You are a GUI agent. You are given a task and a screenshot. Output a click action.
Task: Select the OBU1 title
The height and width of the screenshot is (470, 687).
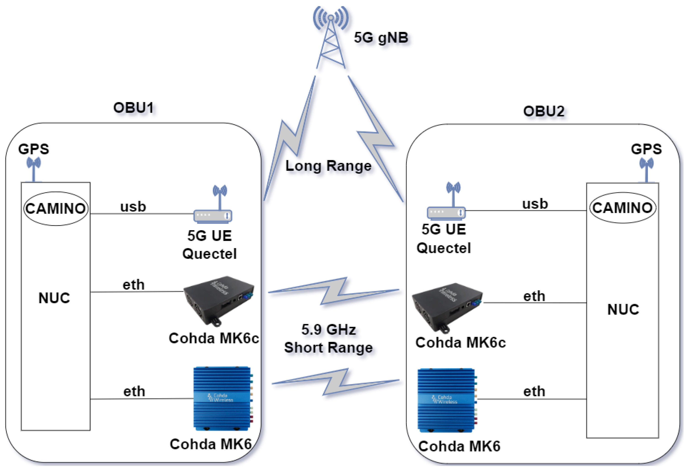click(134, 108)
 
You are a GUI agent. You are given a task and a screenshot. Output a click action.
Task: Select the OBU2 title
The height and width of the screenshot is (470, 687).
click(544, 112)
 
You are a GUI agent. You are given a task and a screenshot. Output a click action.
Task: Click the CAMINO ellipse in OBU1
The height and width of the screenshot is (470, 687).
click(56, 209)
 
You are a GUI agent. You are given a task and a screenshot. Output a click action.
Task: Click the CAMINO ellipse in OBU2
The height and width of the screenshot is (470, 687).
click(623, 208)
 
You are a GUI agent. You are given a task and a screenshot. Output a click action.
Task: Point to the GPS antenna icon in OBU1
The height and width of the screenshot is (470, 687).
click(33, 169)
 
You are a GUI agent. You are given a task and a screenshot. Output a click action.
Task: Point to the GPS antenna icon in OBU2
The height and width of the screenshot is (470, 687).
click(646, 170)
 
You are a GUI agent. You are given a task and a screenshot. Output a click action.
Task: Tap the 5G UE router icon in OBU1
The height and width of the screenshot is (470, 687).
click(213, 215)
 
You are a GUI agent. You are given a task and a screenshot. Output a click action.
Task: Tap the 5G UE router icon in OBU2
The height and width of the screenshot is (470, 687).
click(446, 212)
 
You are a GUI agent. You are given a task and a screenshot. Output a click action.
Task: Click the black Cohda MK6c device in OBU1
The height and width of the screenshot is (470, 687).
click(219, 300)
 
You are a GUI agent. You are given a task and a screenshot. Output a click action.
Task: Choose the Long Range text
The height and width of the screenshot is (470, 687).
click(328, 166)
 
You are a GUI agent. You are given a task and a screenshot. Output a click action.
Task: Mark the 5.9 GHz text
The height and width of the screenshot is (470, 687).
click(328, 330)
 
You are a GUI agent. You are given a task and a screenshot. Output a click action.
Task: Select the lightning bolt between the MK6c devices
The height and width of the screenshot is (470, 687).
click(334, 291)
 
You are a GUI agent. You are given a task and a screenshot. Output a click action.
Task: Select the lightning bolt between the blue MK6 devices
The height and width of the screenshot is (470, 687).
click(335, 382)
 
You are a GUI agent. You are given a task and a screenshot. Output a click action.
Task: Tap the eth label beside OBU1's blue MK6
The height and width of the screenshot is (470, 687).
click(134, 392)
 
